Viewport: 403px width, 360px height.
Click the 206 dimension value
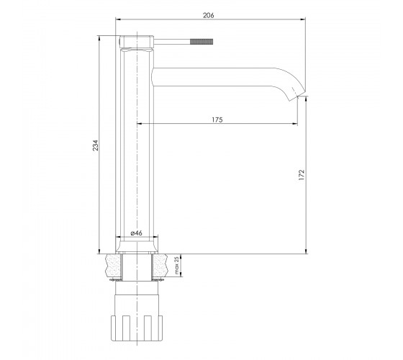[x=209, y=15]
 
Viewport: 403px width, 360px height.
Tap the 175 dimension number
[x=217, y=120]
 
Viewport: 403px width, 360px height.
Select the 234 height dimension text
[x=95, y=145]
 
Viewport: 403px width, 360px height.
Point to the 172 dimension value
[x=302, y=175]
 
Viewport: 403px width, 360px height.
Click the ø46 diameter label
[x=136, y=233]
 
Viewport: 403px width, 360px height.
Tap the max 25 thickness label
[x=176, y=265]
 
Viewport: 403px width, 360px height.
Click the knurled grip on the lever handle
[x=201, y=42]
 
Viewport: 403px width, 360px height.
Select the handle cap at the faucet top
[x=137, y=42]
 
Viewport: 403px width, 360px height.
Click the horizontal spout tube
[x=213, y=77]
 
